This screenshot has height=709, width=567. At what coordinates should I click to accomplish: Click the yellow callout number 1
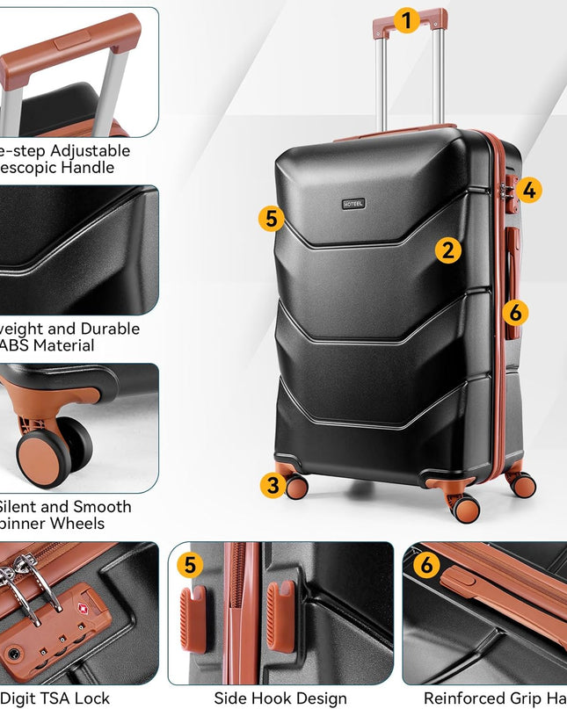pyautogui.click(x=406, y=20)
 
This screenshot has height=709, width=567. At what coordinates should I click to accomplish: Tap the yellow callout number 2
pyautogui.click(x=448, y=250)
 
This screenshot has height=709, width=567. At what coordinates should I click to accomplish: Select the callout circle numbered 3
pyautogui.click(x=273, y=484)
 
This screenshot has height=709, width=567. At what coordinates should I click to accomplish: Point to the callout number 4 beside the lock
pyautogui.click(x=529, y=190)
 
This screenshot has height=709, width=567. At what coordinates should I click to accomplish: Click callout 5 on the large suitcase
pyautogui.click(x=272, y=219)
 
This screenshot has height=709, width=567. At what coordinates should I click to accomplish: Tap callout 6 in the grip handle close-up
pyautogui.click(x=426, y=565)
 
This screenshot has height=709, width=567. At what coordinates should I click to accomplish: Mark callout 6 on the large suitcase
pyautogui.click(x=516, y=312)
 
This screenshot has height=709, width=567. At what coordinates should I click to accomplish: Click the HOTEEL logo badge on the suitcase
pyautogui.click(x=353, y=204)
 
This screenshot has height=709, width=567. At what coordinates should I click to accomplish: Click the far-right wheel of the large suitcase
pyautogui.click(x=523, y=484)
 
